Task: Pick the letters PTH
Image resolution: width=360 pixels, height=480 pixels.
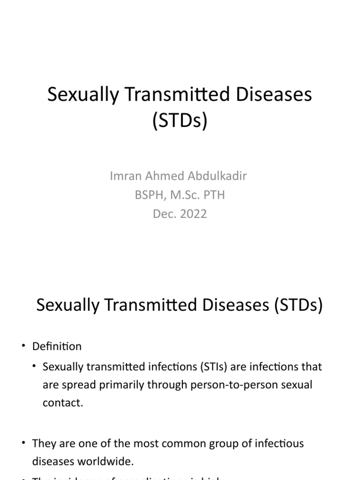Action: coord(214,195)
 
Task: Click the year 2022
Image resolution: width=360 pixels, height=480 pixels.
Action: coord(192,214)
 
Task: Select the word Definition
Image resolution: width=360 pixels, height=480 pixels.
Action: coord(57,346)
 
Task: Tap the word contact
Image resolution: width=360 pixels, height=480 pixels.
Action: coord(63,403)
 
